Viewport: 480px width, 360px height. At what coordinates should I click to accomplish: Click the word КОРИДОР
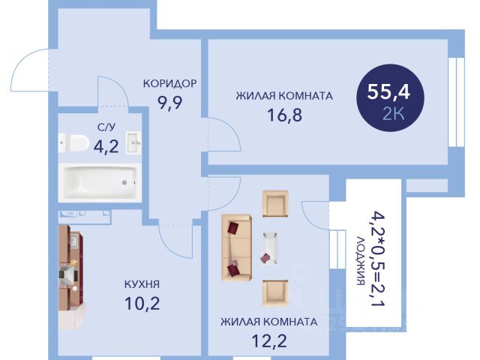[x=170, y=83]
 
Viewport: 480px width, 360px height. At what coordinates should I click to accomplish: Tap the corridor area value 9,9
[x=170, y=103]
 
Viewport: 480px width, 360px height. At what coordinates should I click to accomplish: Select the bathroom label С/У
[x=106, y=127]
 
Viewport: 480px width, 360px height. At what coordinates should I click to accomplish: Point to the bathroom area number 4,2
[x=106, y=146]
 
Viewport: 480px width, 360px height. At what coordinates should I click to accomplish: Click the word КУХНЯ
[x=142, y=284]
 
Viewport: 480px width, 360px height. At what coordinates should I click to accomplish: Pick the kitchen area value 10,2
[x=142, y=303]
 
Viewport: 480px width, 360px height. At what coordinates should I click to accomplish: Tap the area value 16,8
[x=285, y=115]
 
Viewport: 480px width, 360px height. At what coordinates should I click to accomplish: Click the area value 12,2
[x=269, y=341]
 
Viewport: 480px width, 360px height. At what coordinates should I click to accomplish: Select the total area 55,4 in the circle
[x=388, y=91]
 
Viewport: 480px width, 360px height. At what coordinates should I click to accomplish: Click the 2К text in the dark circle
[x=394, y=114]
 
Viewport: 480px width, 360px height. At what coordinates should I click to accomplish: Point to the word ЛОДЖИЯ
[x=361, y=261]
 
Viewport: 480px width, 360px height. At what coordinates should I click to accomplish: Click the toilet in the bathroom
[x=73, y=143]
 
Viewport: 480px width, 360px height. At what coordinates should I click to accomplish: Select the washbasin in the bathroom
[x=133, y=142]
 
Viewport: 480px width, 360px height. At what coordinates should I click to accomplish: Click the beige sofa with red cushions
[x=237, y=248]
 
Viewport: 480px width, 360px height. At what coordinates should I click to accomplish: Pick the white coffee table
[x=270, y=248]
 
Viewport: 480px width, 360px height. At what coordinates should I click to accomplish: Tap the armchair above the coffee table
[x=275, y=204]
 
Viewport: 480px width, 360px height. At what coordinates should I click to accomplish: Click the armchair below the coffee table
[x=275, y=293]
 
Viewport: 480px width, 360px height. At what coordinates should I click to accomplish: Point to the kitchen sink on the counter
[x=73, y=240]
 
